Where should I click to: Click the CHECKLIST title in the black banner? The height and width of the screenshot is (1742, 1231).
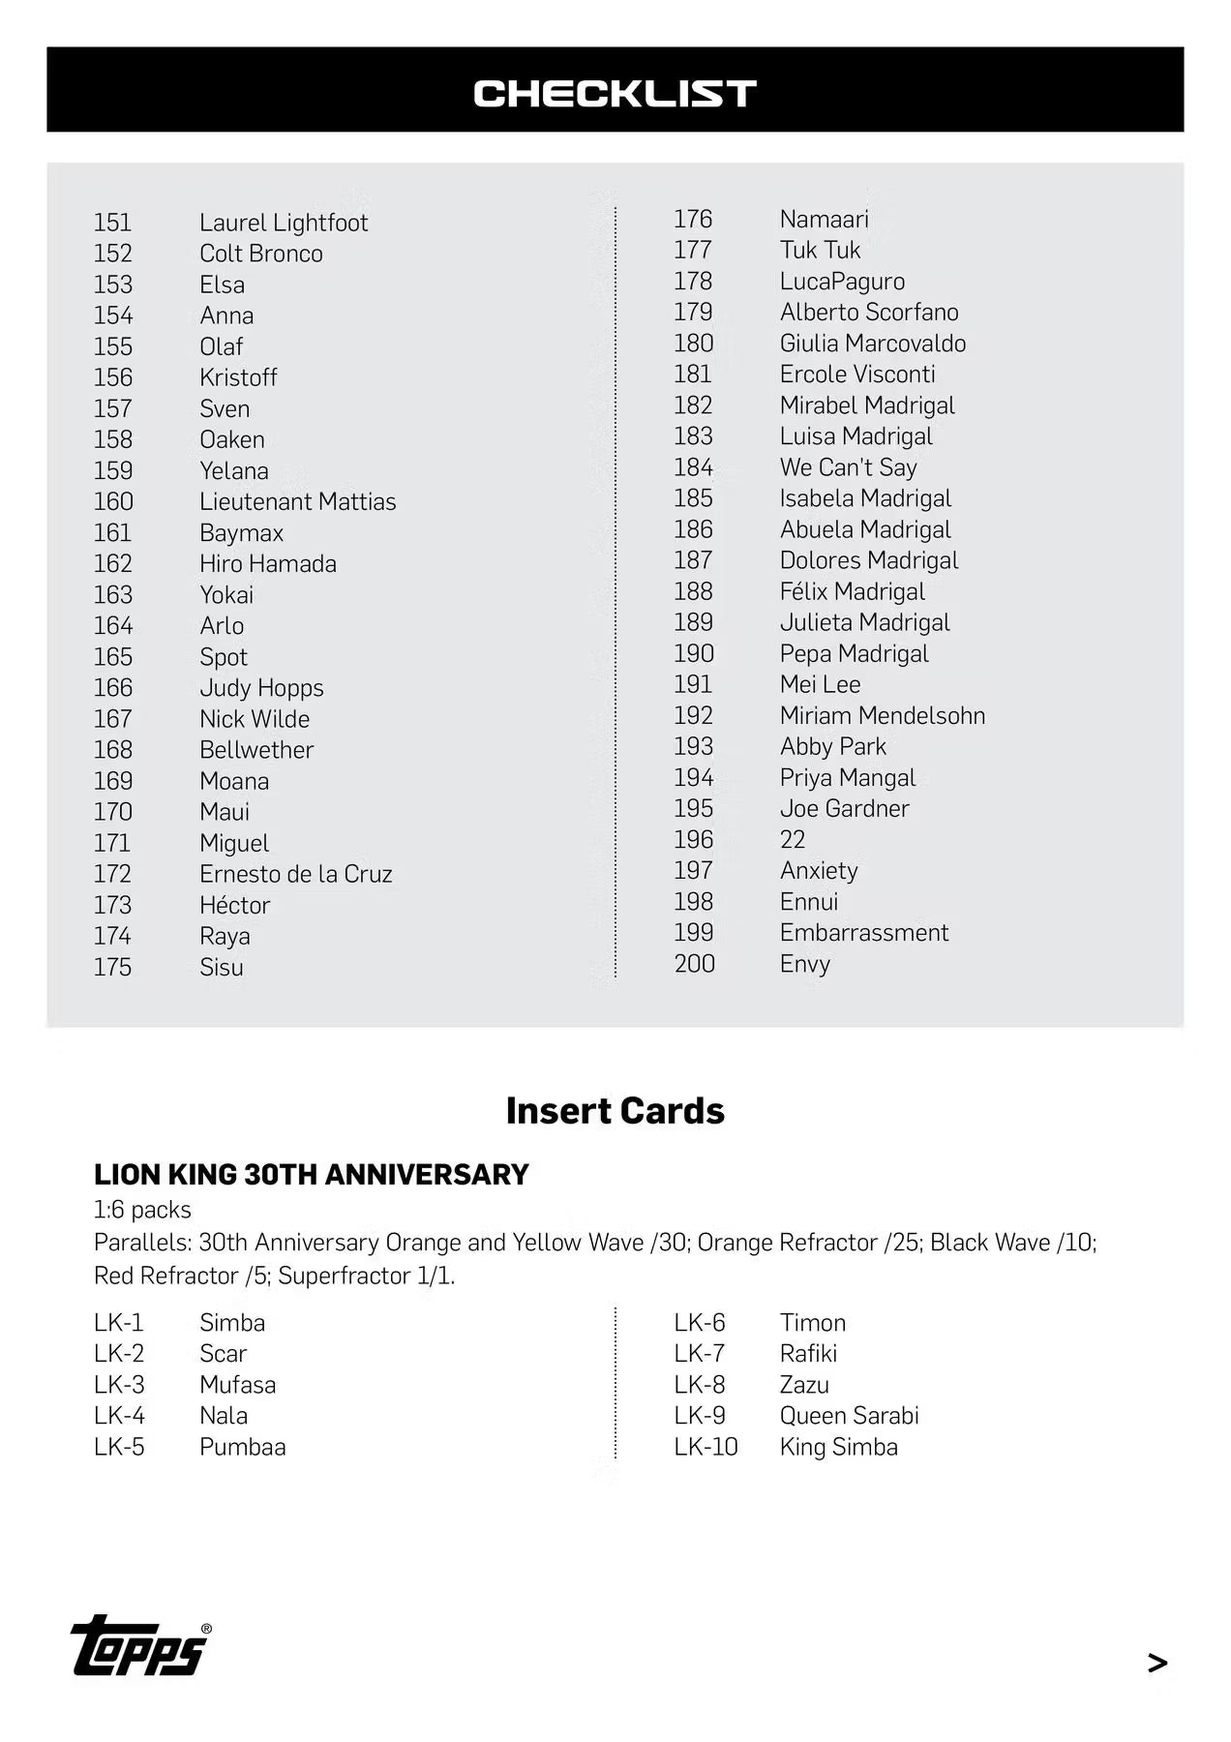tap(615, 93)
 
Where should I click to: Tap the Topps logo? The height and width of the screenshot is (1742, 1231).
tap(140, 1646)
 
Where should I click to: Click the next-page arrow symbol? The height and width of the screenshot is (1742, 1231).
tap(1156, 1663)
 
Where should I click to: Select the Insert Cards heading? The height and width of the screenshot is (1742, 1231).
tap(615, 1111)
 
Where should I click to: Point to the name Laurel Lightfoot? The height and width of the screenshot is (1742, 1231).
tap(284, 223)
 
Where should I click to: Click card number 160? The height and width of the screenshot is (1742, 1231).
tap(113, 501)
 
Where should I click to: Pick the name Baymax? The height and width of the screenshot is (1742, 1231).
tap(241, 532)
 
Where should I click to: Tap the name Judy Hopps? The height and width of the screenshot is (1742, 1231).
tap(261, 688)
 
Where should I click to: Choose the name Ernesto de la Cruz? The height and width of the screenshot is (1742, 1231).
tap(295, 874)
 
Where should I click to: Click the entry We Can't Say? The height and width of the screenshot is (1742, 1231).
tap(848, 467)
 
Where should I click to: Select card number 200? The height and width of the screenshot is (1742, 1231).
tap(694, 964)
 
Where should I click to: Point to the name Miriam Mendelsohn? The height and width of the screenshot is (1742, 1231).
tap(882, 715)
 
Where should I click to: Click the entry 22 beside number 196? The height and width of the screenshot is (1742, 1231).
tap(792, 839)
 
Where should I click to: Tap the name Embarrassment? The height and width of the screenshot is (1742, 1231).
tap(863, 932)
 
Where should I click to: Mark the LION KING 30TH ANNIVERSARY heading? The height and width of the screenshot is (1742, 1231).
tap(311, 1174)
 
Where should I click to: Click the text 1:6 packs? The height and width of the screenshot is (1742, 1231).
tap(142, 1210)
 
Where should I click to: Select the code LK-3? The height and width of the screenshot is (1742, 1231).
tap(119, 1385)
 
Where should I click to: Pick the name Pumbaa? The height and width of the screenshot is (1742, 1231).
tap(242, 1447)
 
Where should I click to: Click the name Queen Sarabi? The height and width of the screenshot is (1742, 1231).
tap(849, 1416)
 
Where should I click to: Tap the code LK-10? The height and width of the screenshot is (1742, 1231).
tap(706, 1447)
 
